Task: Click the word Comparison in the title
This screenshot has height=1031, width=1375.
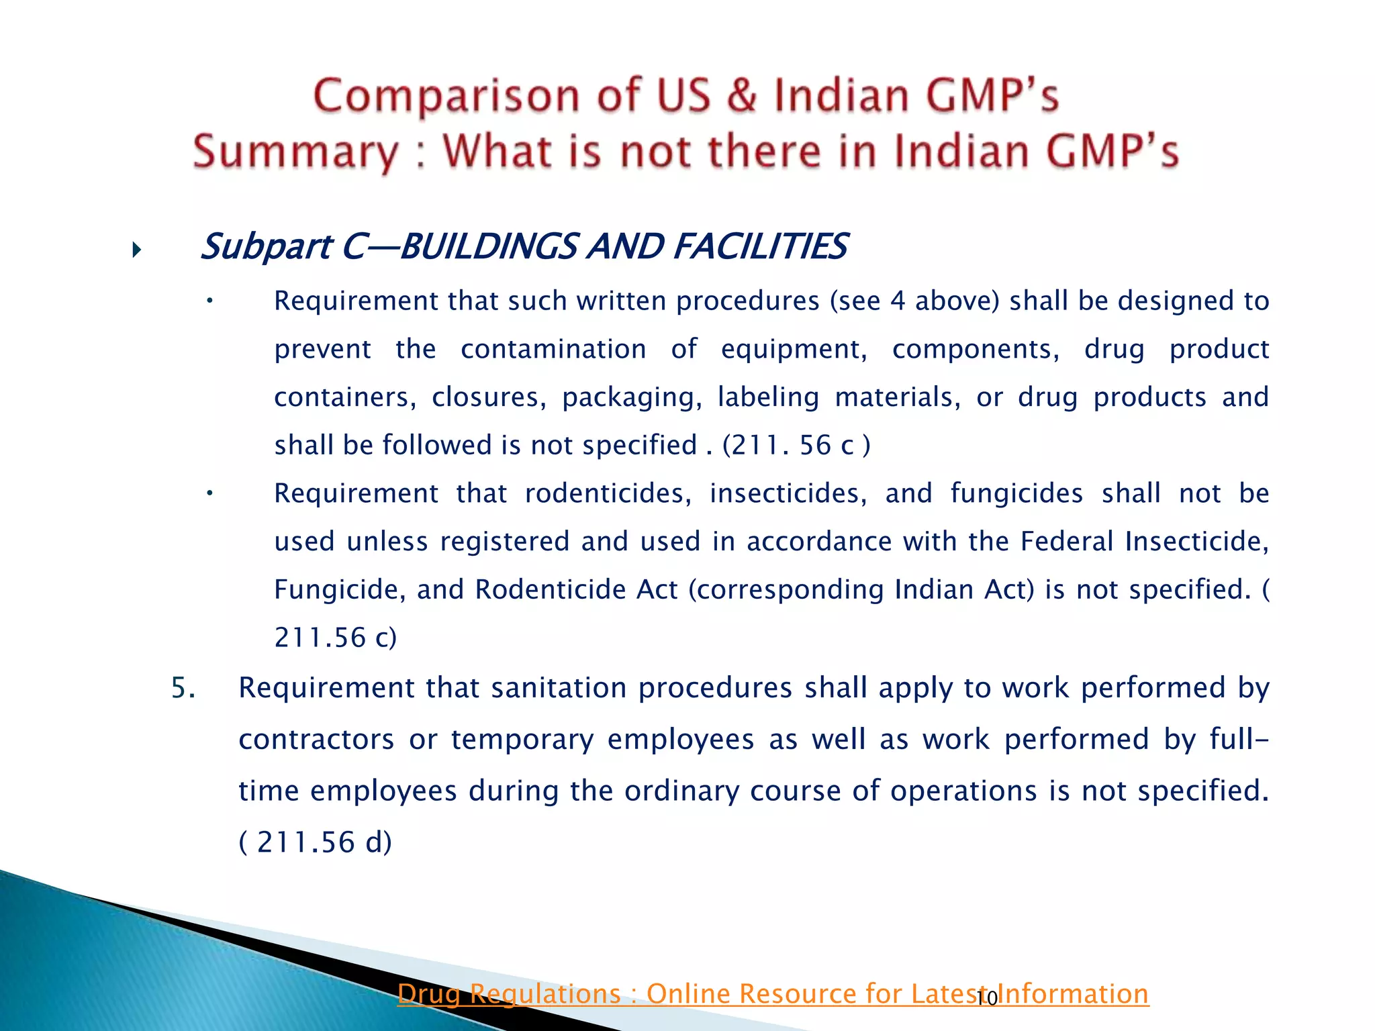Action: [446, 96]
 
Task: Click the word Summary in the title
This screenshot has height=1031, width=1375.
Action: [295, 152]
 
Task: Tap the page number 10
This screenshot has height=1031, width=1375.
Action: [986, 999]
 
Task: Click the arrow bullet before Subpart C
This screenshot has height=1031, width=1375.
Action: [137, 251]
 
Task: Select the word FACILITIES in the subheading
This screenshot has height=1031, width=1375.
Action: [759, 246]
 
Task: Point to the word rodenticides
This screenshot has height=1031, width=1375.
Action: [608, 493]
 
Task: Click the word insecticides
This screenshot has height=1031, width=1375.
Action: [788, 493]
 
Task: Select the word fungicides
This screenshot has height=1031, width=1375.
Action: [1016, 493]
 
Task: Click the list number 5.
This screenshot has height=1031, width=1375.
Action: [183, 688]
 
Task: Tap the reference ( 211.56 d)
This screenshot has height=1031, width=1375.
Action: [316, 842]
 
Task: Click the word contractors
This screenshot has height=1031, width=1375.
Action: [316, 740]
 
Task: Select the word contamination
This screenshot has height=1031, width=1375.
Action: [553, 349]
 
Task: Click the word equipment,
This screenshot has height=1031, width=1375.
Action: [794, 349]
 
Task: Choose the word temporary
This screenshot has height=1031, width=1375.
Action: [522, 740]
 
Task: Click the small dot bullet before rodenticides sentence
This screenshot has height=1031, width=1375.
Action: [209, 493]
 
